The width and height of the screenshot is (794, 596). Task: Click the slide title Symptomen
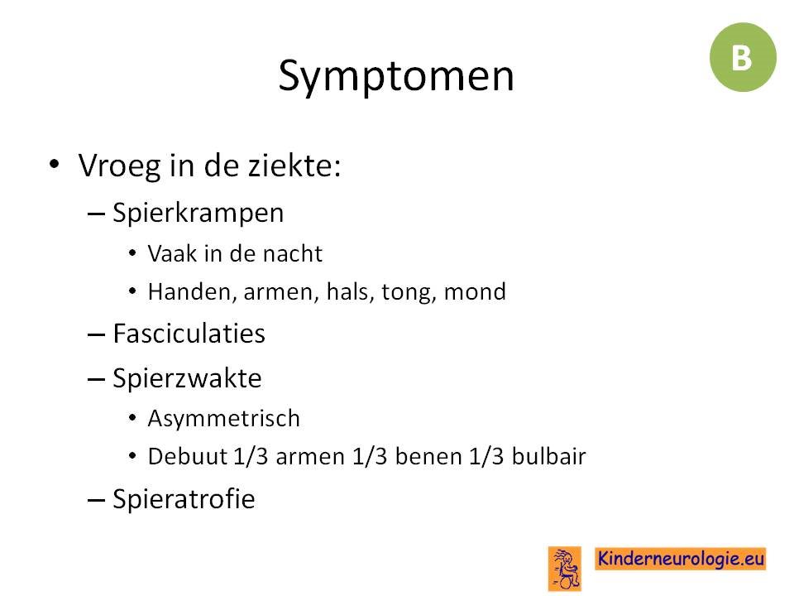(x=396, y=76)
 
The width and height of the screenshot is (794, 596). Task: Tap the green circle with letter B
(x=743, y=57)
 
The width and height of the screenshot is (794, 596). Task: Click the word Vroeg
(x=119, y=166)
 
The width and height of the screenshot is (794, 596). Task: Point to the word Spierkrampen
(x=198, y=214)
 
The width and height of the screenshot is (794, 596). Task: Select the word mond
(x=475, y=291)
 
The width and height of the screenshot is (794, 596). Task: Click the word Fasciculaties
(x=189, y=334)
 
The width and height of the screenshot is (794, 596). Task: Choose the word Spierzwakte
(x=187, y=378)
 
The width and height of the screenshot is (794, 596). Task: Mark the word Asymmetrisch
(x=224, y=419)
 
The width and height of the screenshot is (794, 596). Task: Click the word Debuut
(x=188, y=456)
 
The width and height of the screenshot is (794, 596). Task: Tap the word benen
(x=428, y=456)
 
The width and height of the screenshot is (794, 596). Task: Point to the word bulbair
(x=549, y=456)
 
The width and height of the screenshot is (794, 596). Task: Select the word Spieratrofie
(x=184, y=499)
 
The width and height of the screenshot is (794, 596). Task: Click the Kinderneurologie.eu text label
(x=681, y=559)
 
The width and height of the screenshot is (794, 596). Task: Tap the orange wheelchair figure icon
(x=565, y=568)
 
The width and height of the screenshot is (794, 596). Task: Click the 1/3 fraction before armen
(x=251, y=456)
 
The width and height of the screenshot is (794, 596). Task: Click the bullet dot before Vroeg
(x=55, y=164)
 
